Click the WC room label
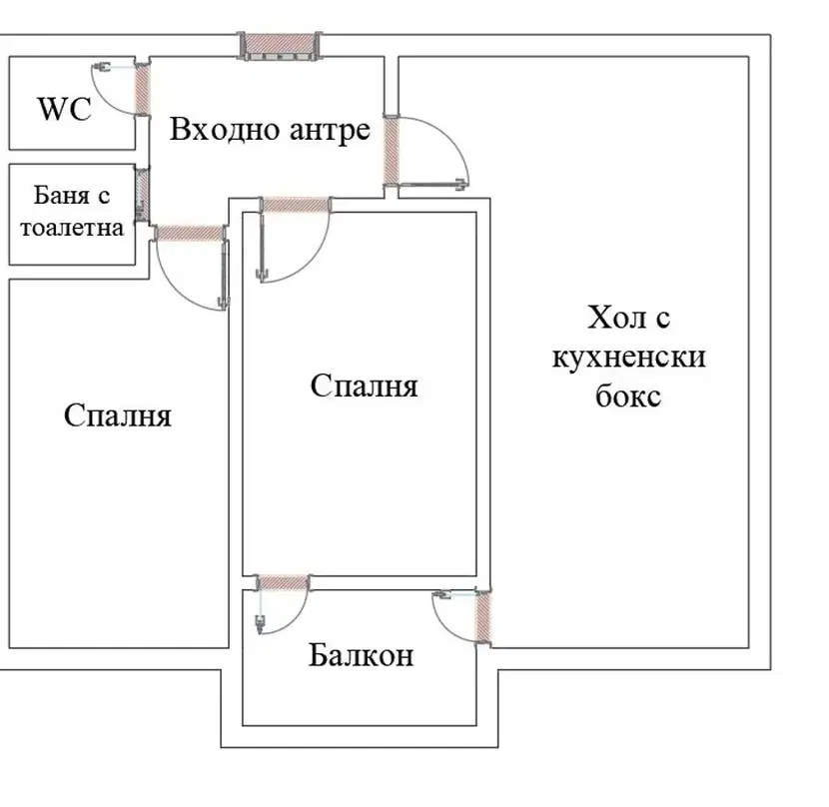(x=65, y=109)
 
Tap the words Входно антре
(x=270, y=130)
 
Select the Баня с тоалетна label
(x=72, y=212)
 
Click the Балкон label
(x=361, y=655)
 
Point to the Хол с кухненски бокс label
(x=628, y=357)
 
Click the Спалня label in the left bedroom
(x=118, y=415)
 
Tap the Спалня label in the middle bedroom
(x=364, y=386)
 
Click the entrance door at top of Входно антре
(x=280, y=46)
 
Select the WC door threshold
(x=142, y=89)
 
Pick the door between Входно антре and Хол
(x=392, y=151)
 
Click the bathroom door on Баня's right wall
(x=142, y=195)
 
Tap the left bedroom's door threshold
(x=190, y=234)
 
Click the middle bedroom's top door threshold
(x=296, y=205)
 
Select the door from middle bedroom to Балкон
(x=283, y=582)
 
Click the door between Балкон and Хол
(x=483, y=616)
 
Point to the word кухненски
(x=628, y=357)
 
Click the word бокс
(x=628, y=397)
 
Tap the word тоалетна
(x=72, y=228)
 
